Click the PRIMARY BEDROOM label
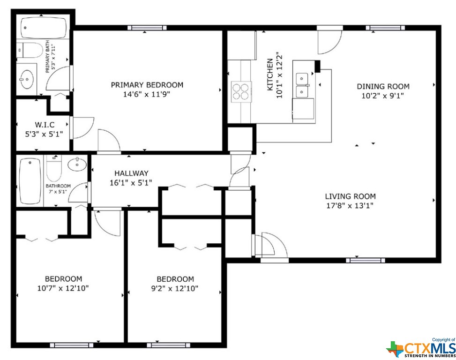click(x=147, y=85)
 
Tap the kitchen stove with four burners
click(x=241, y=91)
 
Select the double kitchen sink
click(x=302, y=85)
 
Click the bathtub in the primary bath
click(x=44, y=28)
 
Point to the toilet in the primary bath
click(x=30, y=50)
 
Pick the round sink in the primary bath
click(x=27, y=79)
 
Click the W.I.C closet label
click(x=45, y=125)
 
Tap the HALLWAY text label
click(x=131, y=173)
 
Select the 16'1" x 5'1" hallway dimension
click(x=131, y=183)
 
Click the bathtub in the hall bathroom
click(x=30, y=181)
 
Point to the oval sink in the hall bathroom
click(x=77, y=165)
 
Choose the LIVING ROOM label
click(x=351, y=196)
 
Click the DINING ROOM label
click(x=383, y=86)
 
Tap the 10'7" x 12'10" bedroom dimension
click(x=63, y=288)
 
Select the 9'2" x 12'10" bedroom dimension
click(x=175, y=288)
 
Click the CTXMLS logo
click(x=421, y=348)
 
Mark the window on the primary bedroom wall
click(x=147, y=28)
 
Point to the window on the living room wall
click(x=366, y=260)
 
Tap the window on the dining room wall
click(x=385, y=28)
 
